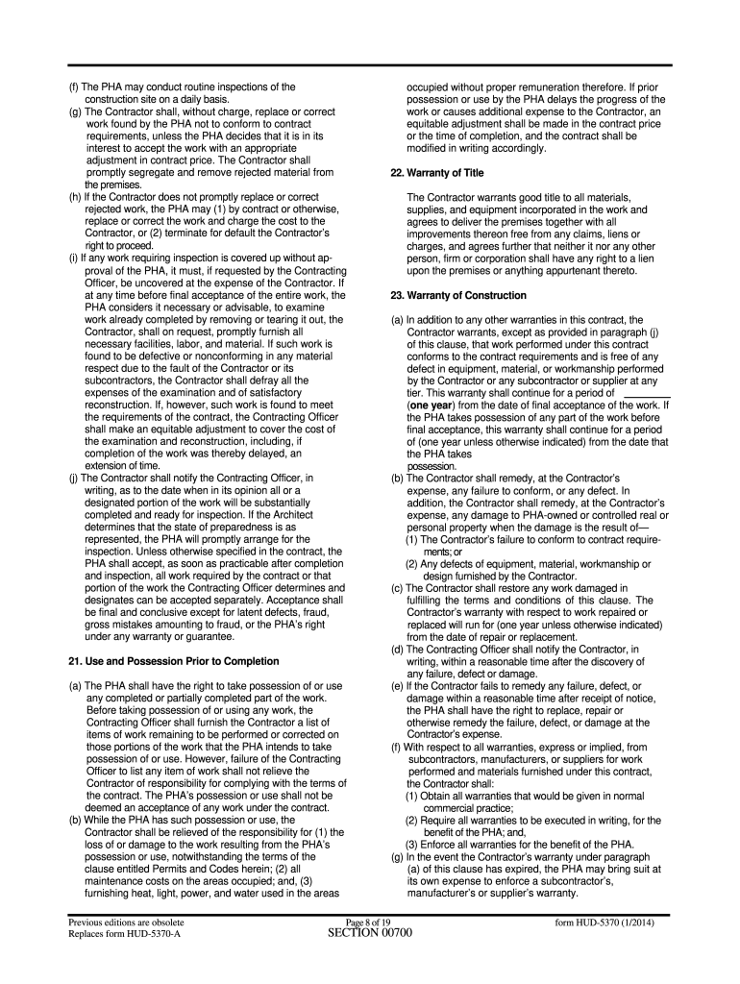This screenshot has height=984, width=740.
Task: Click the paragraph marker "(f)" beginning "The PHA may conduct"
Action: [x=74, y=87]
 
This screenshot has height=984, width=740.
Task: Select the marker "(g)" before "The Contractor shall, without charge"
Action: [x=74, y=111]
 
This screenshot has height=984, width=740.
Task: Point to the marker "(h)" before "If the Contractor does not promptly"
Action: [x=74, y=197]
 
